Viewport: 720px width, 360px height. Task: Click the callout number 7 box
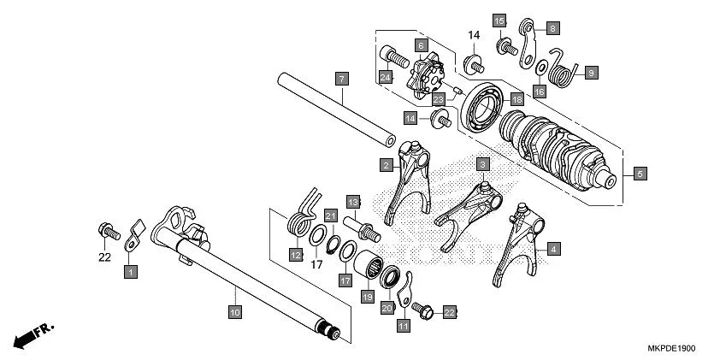[x=341, y=79]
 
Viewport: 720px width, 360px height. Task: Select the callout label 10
[x=233, y=313]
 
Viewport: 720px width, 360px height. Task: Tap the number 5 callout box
[x=641, y=173]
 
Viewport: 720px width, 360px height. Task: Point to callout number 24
[x=386, y=78]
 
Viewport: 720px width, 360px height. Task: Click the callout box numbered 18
[x=516, y=99]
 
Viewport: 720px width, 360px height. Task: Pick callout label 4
[x=554, y=249]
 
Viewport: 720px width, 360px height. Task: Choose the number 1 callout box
[x=130, y=271]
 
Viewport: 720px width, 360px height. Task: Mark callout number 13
[x=352, y=201]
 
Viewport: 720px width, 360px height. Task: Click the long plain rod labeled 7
[x=333, y=110]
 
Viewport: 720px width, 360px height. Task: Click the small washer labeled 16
[x=541, y=68]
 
